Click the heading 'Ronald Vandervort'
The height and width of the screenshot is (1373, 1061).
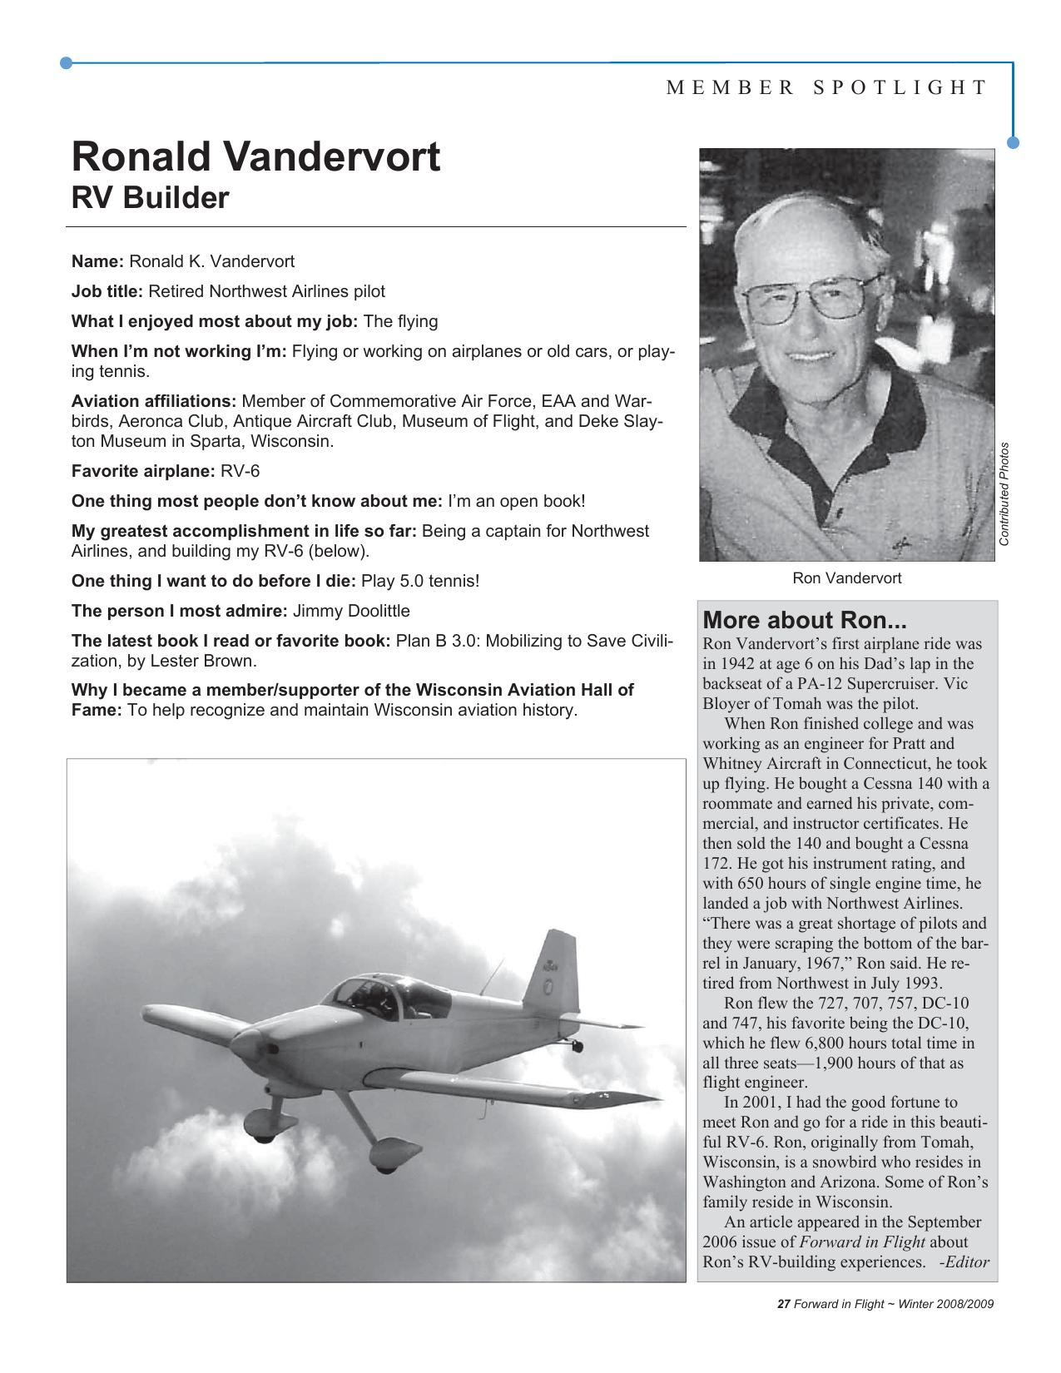[x=255, y=156]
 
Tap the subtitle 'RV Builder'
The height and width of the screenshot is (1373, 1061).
[x=150, y=199]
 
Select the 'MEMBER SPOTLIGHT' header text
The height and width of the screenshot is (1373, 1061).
[x=826, y=88]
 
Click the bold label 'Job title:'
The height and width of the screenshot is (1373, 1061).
[x=107, y=291]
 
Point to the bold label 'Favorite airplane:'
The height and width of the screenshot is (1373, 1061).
[x=143, y=471]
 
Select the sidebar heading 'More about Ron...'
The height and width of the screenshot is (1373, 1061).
[x=804, y=620]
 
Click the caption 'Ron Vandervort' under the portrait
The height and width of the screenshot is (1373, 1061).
[x=846, y=577]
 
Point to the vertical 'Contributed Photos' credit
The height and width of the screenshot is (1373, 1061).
[x=1004, y=493]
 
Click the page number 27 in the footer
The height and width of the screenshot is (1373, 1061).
[x=782, y=1304]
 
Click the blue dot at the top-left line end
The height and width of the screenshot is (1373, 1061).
[x=67, y=62]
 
